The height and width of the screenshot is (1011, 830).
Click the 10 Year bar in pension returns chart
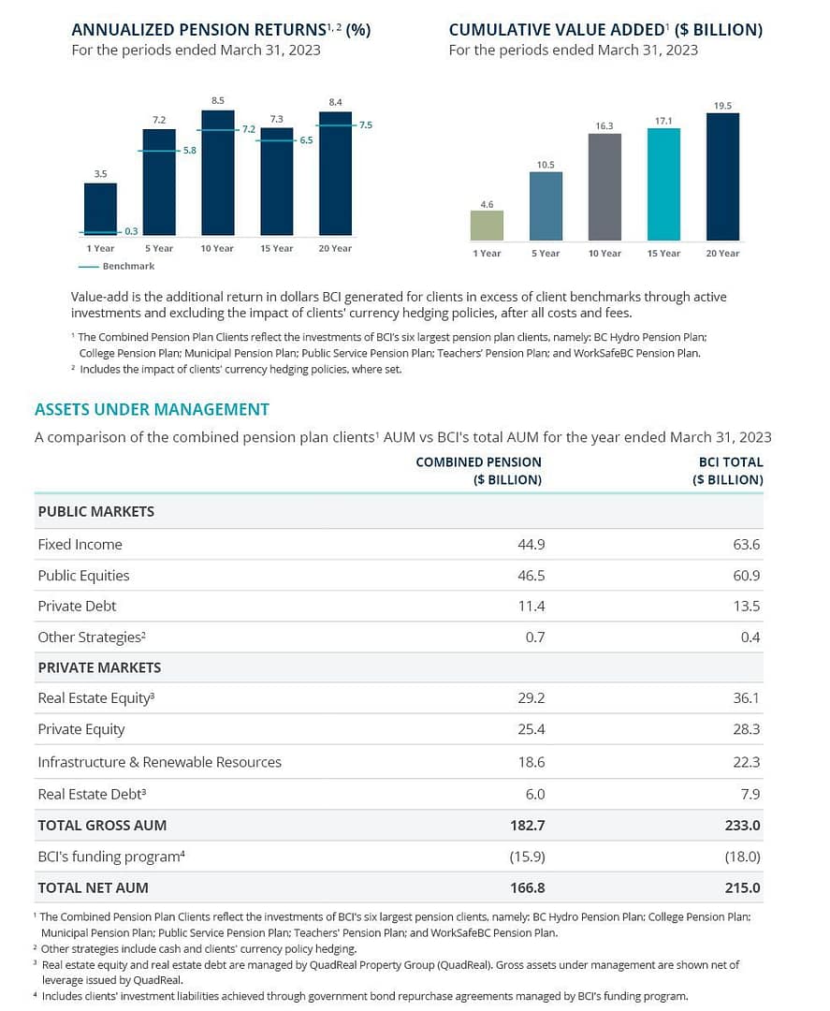[x=217, y=173]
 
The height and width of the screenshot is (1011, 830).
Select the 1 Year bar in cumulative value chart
[x=487, y=225]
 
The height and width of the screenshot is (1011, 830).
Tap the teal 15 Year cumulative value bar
[x=663, y=184]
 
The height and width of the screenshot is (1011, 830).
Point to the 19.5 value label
[x=722, y=106]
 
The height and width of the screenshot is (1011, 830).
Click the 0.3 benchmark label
[x=131, y=231]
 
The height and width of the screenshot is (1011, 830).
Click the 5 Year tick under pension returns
[x=159, y=248]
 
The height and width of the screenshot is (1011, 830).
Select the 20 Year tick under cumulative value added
[x=722, y=253]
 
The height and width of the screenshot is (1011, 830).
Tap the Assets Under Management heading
[x=152, y=409]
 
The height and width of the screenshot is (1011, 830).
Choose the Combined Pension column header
[x=478, y=470]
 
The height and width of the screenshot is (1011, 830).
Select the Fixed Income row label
[x=80, y=544]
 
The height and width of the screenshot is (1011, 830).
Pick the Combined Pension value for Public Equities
[x=531, y=575]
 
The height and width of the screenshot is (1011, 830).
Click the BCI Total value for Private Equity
[x=747, y=729]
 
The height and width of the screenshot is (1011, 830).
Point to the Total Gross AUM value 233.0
[x=745, y=826]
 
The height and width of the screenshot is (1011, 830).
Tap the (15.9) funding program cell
[x=528, y=857]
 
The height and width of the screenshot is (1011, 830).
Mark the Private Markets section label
[x=99, y=667]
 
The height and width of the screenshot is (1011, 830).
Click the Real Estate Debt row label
[x=92, y=794]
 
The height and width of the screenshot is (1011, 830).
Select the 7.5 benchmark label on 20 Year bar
[x=365, y=125]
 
